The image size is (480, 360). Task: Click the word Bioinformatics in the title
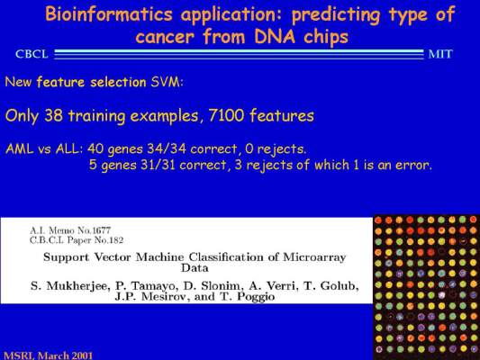tap(109, 14)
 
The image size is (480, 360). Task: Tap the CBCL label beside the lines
tap(32, 54)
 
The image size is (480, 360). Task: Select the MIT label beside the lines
tap(440, 54)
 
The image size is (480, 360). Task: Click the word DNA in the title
tap(275, 36)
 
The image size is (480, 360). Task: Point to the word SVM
tap(167, 82)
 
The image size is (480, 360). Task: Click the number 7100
tap(226, 115)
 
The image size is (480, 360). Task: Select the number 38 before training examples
tap(54, 115)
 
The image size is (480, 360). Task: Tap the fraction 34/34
tap(167, 148)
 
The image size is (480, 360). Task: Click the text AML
tap(19, 148)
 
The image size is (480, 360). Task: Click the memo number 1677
tap(102, 230)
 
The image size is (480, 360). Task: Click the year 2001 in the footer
tap(82, 355)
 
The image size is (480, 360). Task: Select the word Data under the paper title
tap(195, 268)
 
